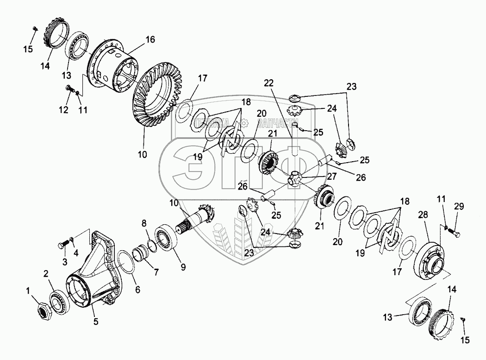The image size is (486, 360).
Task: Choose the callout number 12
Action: click(62, 110)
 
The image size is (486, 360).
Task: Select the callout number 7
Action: click(156, 272)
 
